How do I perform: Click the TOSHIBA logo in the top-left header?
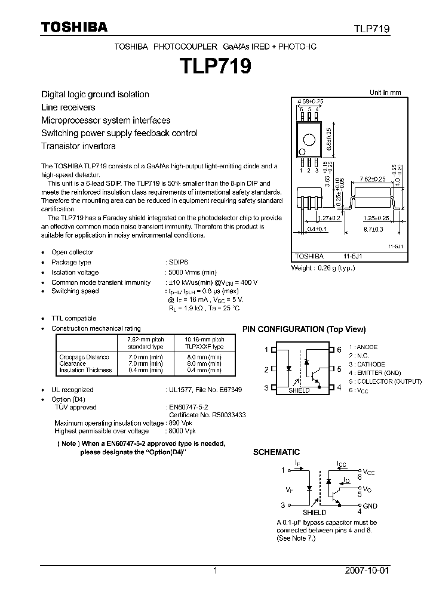pyautogui.click(x=74, y=27)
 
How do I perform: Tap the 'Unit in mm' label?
pyautogui.click(x=385, y=93)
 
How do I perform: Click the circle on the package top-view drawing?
pyautogui.click(x=309, y=140)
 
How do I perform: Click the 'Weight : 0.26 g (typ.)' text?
pyautogui.click(x=322, y=268)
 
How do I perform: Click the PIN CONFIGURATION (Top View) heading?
pyautogui.click(x=303, y=329)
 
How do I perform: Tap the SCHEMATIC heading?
pyautogui.click(x=277, y=452)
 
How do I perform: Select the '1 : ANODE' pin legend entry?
pyautogui.click(x=364, y=347)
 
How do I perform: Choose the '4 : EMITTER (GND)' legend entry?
pyautogui.click(x=376, y=372)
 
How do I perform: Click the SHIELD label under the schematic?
pyautogui.click(x=315, y=512)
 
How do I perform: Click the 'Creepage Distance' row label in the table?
pyautogui.click(x=84, y=357)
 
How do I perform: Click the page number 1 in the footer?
pyautogui.click(x=215, y=571)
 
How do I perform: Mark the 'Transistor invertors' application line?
pyautogui.click(x=78, y=146)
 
